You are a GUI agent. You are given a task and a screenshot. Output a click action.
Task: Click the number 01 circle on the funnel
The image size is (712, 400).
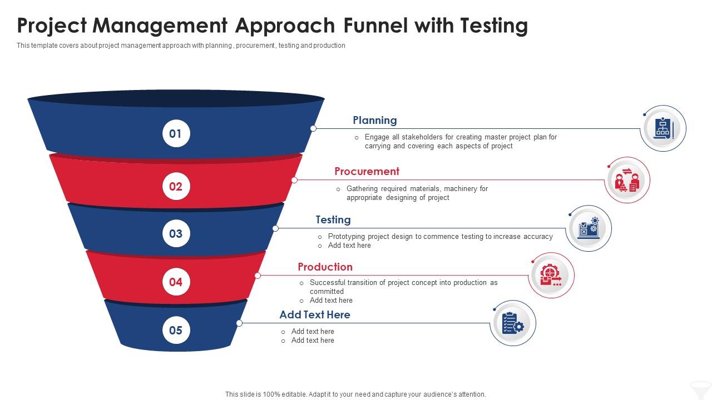point(176,133)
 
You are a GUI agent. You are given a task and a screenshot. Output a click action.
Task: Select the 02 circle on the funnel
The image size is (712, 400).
point(176,186)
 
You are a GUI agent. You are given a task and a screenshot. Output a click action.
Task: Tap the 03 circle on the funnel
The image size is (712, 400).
point(176,233)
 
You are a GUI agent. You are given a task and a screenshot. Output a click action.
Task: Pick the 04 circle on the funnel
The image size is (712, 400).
point(176,282)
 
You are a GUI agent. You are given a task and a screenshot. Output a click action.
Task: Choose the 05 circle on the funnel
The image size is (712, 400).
point(176,330)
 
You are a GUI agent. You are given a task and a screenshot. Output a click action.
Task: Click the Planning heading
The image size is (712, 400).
point(375,120)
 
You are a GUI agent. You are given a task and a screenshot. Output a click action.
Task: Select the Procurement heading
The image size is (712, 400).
point(367,171)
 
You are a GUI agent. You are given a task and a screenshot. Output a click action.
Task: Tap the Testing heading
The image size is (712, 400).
point(333,219)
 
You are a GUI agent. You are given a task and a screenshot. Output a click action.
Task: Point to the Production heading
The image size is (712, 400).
point(325,267)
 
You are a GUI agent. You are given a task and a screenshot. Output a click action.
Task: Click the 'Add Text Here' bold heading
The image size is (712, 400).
point(315,314)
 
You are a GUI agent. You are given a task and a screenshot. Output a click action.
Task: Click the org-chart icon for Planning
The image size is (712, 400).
point(663,129)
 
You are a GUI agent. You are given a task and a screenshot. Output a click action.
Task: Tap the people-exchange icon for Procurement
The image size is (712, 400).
point(627,180)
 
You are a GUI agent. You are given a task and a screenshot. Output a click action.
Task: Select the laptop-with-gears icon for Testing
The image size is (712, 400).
point(589,228)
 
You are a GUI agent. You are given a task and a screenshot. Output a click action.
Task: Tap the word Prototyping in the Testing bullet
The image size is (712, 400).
point(347,236)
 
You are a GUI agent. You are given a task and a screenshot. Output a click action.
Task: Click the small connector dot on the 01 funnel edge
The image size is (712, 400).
point(313,128)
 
